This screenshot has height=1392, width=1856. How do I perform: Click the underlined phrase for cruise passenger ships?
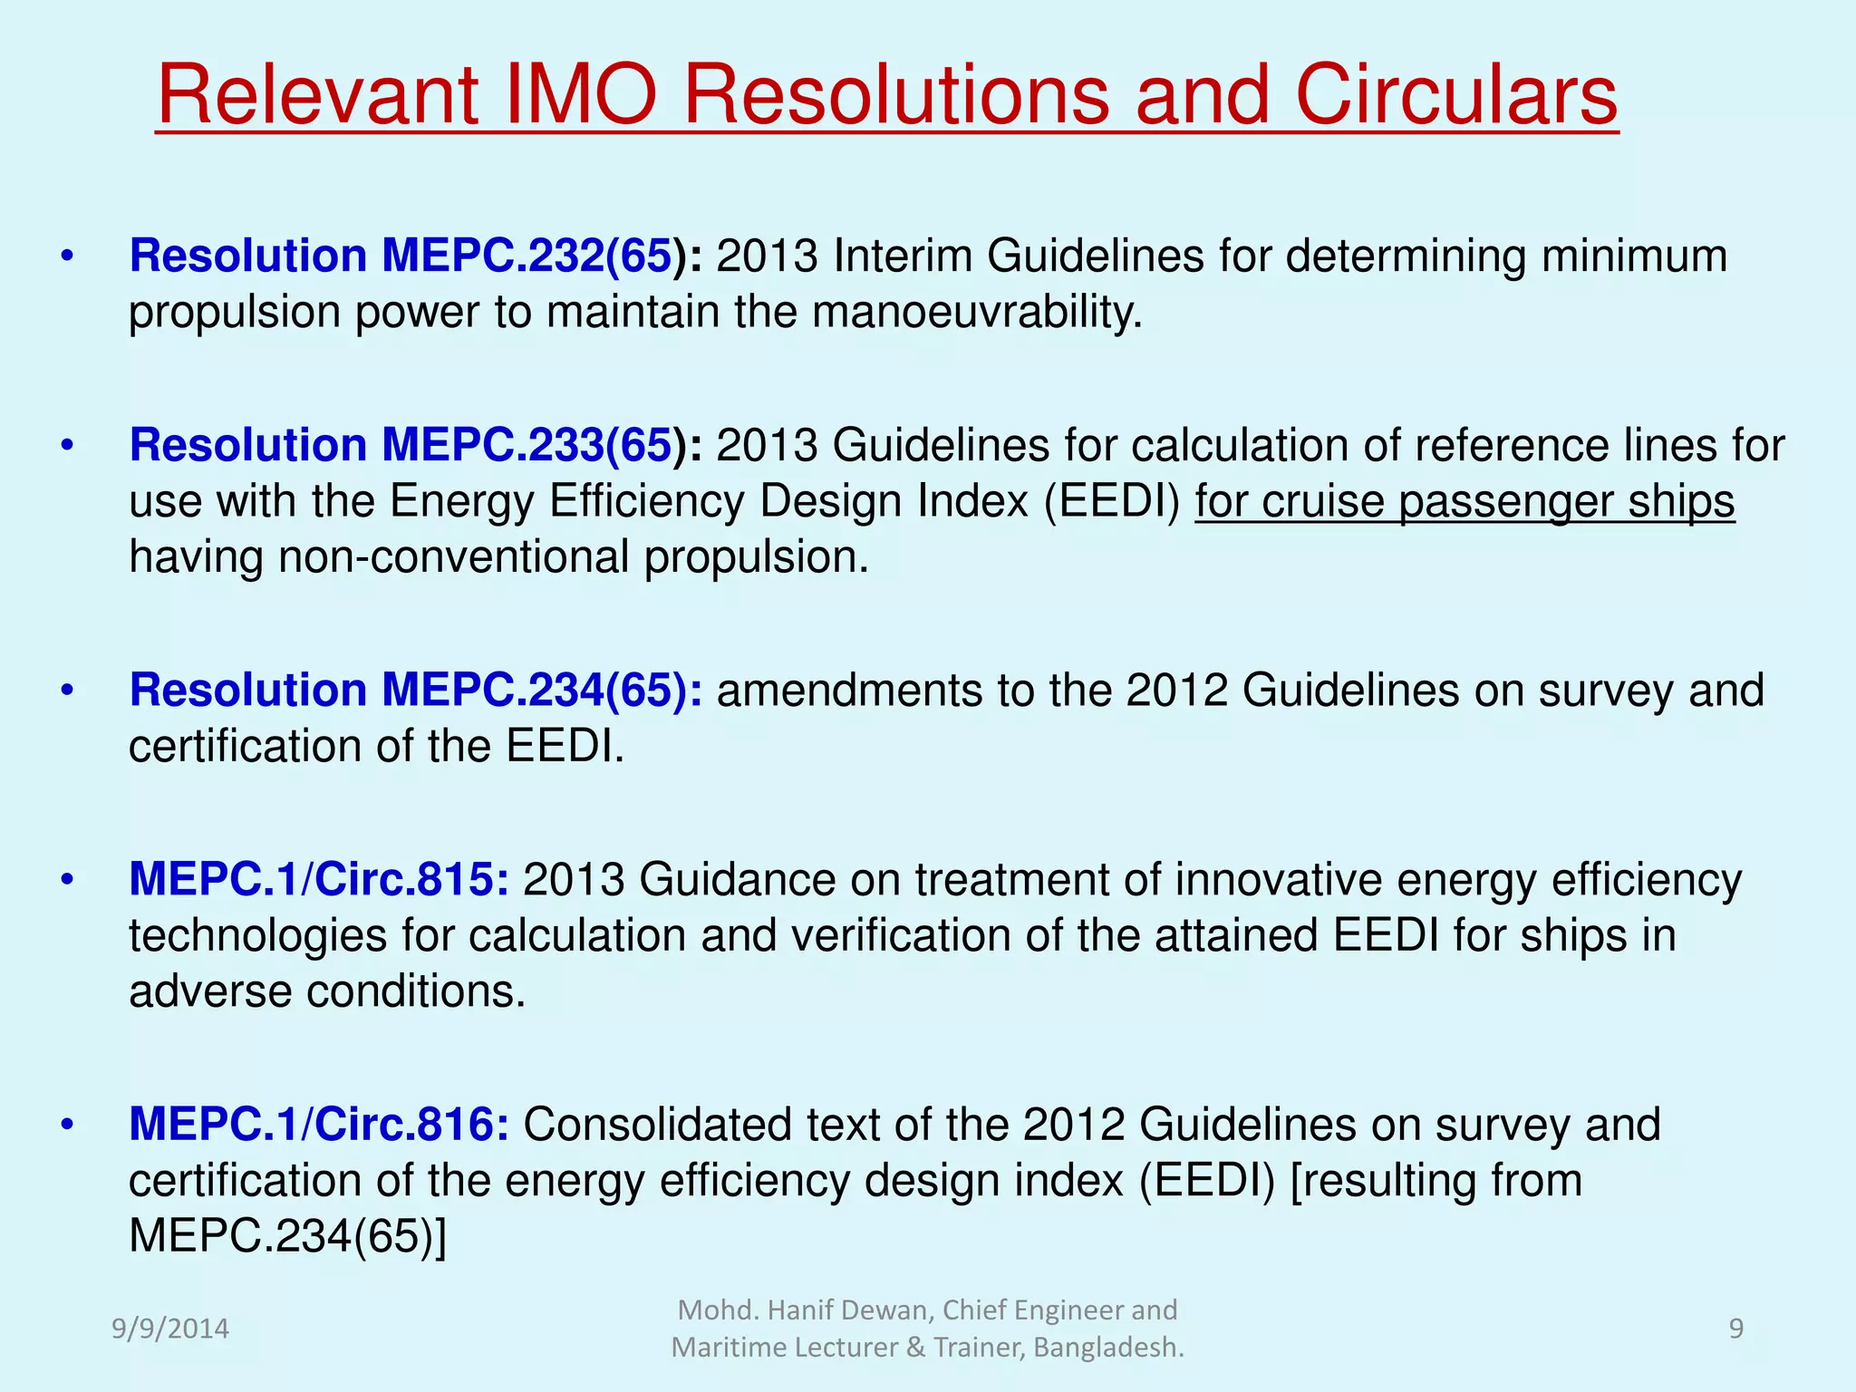pyautogui.click(x=1464, y=501)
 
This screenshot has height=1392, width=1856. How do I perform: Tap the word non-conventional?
pyautogui.click(x=454, y=556)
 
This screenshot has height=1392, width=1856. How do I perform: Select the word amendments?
pyautogui.click(x=849, y=691)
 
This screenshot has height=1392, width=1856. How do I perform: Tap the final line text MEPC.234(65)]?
pyautogui.click(x=287, y=1236)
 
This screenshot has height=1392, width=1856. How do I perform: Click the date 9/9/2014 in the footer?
pyautogui.click(x=169, y=1329)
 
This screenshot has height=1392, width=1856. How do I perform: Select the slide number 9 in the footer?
pyautogui.click(x=1735, y=1329)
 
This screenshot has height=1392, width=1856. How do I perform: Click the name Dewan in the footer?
pyautogui.click(x=887, y=1310)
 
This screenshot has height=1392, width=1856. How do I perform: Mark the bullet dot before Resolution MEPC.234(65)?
pyautogui.click(x=66, y=691)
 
